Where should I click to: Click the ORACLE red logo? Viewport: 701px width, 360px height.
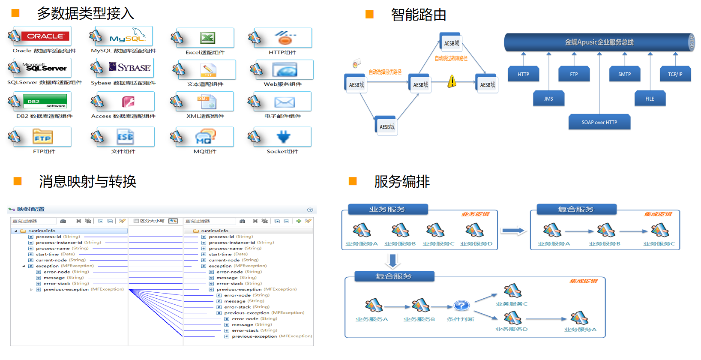point(45,36)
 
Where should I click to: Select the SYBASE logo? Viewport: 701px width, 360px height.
point(130,67)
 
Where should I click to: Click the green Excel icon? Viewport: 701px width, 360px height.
point(208,38)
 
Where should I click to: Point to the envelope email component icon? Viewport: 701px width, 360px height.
point(285,102)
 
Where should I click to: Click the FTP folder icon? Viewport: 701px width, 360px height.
point(43,137)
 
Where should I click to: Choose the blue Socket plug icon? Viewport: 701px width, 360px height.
point(284,137)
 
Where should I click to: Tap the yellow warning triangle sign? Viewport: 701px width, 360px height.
point(452,81)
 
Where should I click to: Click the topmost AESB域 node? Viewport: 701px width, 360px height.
point(451,43)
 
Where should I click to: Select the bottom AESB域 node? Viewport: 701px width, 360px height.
point(387,127)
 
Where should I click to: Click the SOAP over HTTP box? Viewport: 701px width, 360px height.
point(599,123)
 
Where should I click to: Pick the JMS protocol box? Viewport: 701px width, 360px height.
point(548,99)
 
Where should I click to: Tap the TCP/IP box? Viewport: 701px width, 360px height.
point(675,74)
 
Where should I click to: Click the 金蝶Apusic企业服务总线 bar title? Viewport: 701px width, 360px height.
point(599,42)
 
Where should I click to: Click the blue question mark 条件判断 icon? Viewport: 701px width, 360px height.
point(461,306)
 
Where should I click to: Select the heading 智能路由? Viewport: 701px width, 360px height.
point(418,15)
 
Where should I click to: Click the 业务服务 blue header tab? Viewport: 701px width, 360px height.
point(387,209)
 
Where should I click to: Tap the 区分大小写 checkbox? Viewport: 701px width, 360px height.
point(136,221)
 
